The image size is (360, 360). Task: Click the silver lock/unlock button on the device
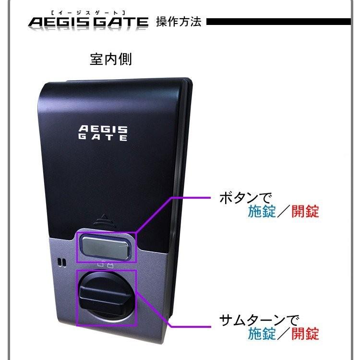click(107, 246)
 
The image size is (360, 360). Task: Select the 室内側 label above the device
click(110, 60)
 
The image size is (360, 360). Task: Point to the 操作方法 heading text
click(179, 22)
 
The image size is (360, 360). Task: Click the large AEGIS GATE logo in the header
click(88, 23)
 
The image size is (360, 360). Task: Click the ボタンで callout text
click(245, 198)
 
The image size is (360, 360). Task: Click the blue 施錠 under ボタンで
click(262, 211)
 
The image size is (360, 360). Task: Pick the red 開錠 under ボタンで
click(305, 211)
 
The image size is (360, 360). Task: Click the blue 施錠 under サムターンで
click(262, 334)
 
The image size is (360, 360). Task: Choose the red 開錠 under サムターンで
click(305, 334)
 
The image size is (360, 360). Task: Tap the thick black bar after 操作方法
click(278, 22)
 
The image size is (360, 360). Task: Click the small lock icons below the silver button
click(105, 264)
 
